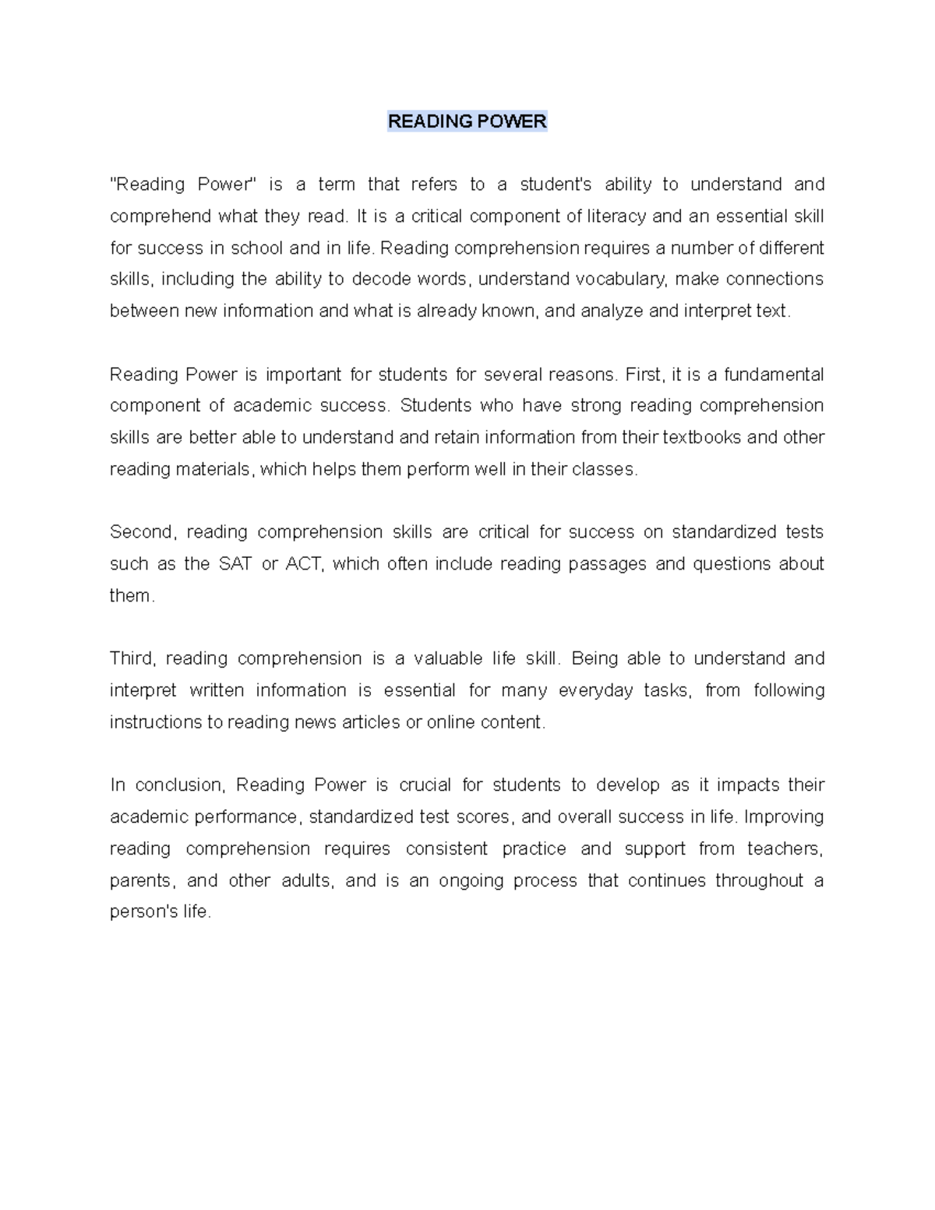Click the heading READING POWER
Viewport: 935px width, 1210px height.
[467, 122]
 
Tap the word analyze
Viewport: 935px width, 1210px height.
[611, 311]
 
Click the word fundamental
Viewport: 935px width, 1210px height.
[774, 375]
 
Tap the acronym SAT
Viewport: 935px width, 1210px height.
[235, 564]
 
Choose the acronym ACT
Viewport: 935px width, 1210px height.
[304, 564]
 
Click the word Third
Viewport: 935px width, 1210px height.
[132, 658]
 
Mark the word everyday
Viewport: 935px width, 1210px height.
[595, 690]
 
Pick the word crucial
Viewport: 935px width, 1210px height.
[425, 785]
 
